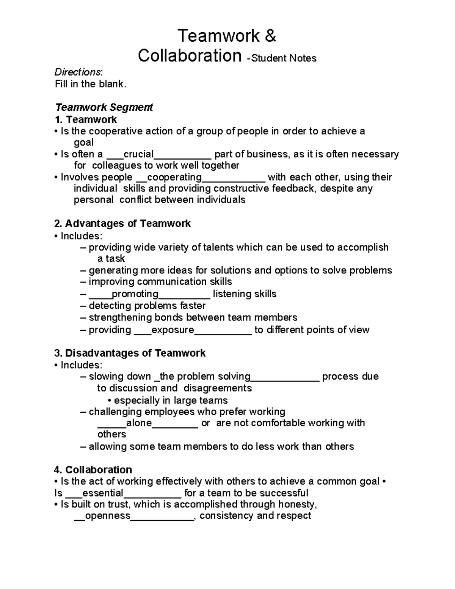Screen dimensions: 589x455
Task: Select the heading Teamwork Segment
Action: tap(104, 107)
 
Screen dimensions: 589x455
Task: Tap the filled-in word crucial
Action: tap(138, 154)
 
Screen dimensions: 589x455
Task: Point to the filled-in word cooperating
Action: tap(174, 177)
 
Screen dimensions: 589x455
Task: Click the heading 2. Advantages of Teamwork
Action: tap(122, 223)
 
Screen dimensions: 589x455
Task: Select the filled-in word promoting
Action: tap(135, 294)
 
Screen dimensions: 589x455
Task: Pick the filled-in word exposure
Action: tap(173, 330)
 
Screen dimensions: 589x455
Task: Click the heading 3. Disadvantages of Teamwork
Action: tap(130, 353)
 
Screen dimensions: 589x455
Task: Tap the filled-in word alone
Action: tap(139, 423)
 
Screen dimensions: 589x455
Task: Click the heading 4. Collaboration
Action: tap(93, 470)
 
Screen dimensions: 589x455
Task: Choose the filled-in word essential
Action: tap(103, 493)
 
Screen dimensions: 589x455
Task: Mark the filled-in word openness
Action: tap(108, 516)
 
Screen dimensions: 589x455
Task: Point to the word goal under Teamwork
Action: tap(83, 143)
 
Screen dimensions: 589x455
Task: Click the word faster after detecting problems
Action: tap(193, 306)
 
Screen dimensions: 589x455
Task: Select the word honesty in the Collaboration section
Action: tap(297, 504)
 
